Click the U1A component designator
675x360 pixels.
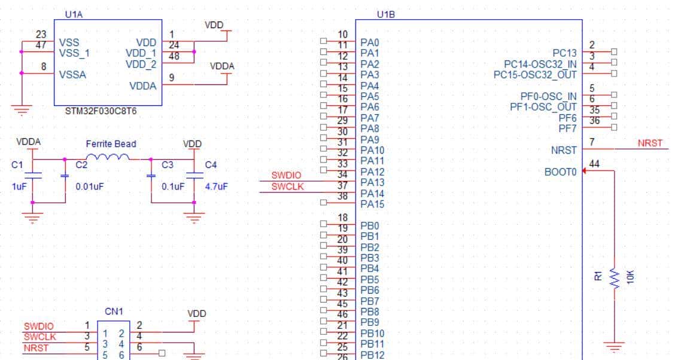coord(73,14)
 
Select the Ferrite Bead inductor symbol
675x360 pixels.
coord(111,157)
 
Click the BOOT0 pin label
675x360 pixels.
coord(560,172)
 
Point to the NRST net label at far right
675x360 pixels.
coord(650,144)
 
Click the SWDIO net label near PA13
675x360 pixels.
coord(286,176)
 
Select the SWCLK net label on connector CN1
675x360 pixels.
coord(39,337)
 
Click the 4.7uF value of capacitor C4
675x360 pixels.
coord(216,187)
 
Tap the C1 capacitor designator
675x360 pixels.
coord(17,165)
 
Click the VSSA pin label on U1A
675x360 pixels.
coord(73,75)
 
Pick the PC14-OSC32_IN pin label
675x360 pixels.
coord(540,64)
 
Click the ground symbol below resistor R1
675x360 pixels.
coord(615,346)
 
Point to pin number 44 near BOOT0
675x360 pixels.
coord(594,163)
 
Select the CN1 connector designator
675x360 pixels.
coord(114,312)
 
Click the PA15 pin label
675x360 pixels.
coord(372,205)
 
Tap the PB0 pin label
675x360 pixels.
coord(369,226)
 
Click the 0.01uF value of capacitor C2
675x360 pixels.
coord(89,187)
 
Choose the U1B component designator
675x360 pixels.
coord(386,14)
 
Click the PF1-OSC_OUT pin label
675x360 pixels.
coord(543,107)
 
